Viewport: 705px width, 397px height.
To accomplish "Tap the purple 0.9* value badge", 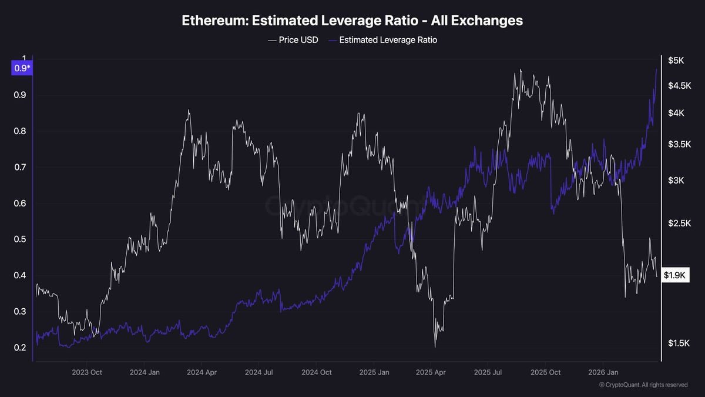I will click(x=22, y=68).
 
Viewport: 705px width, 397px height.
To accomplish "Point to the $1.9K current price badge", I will click(x=675, y=275).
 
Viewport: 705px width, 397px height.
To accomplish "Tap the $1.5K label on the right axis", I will click(x=679, y=343).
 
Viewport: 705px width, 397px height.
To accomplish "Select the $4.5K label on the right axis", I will click(x=679, y=86).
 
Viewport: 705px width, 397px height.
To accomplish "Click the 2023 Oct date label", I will click(x=87, y=372).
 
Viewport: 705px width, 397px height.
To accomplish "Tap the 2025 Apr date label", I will click(x=431, y=372).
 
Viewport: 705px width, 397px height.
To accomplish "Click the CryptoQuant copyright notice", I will click(x=643, y=385).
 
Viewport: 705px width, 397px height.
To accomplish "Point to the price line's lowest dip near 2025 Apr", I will click(x=435, y=347).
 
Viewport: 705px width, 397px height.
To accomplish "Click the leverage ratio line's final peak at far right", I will click(x=656, y=69).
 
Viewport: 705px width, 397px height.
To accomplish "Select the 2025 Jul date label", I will click(x=489, y=372).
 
